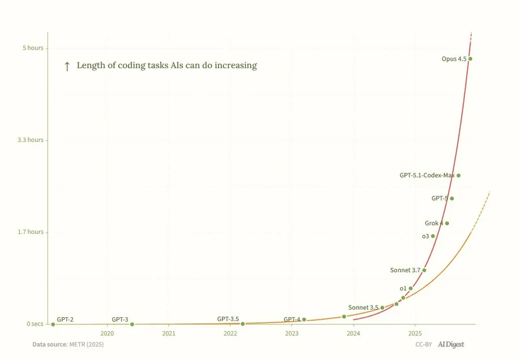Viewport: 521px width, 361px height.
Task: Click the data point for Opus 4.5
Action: [470, 59]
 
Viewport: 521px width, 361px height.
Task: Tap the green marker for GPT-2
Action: [53, 324]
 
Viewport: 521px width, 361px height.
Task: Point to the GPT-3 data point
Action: [132, 324]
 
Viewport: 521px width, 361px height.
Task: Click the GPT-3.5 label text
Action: [228, 319]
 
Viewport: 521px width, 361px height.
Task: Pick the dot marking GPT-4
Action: [304, 319]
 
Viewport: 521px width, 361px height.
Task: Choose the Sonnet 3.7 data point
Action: [424, 270]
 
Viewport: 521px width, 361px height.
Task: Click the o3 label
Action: [425, 236]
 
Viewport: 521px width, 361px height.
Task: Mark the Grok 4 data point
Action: [447, 223]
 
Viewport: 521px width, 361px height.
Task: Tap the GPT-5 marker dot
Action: [452, 199]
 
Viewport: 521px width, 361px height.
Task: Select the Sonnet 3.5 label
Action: [363, 307]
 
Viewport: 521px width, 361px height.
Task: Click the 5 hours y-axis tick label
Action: [33, 48]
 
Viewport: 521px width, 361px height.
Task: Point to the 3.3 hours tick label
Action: [30, 140]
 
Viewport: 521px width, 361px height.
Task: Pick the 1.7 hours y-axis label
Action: [30, 232]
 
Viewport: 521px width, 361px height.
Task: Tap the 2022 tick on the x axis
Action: [230, 333]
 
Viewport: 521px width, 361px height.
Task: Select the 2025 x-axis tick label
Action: [414, 333]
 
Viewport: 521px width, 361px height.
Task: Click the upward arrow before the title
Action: [67, 66]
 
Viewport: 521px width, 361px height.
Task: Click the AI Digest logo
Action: [451, 345]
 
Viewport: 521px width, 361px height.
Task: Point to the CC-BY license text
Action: [424, 345]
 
